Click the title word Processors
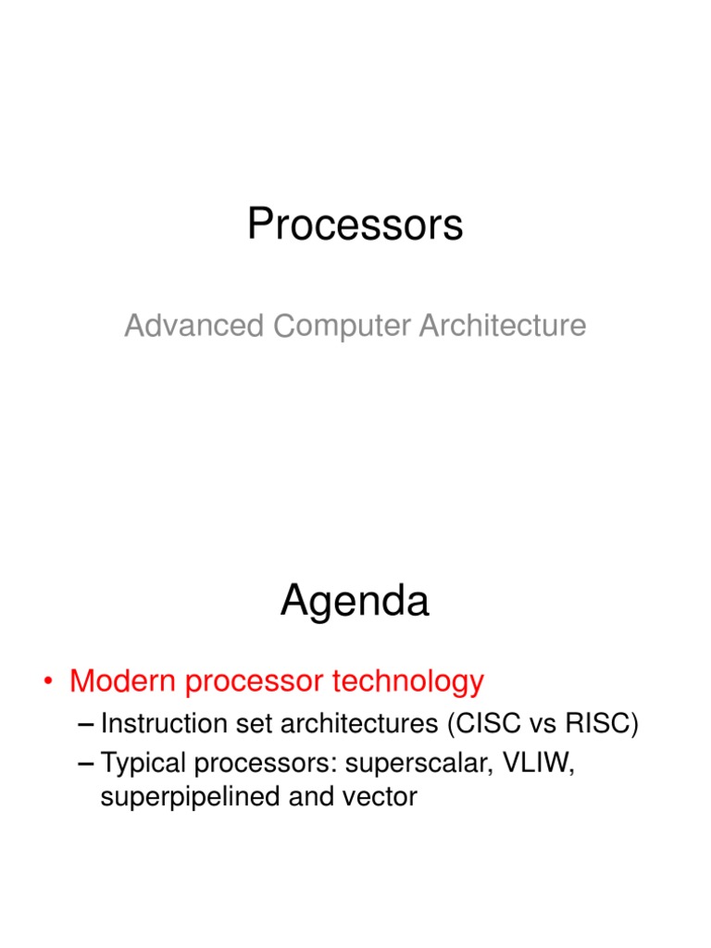355,224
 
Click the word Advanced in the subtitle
194,325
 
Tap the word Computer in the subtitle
343,327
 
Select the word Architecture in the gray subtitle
503,325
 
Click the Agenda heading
355,602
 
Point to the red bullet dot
48,681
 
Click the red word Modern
123,680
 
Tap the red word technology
408,682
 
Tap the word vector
380,797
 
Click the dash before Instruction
86,724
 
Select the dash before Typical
86,764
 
